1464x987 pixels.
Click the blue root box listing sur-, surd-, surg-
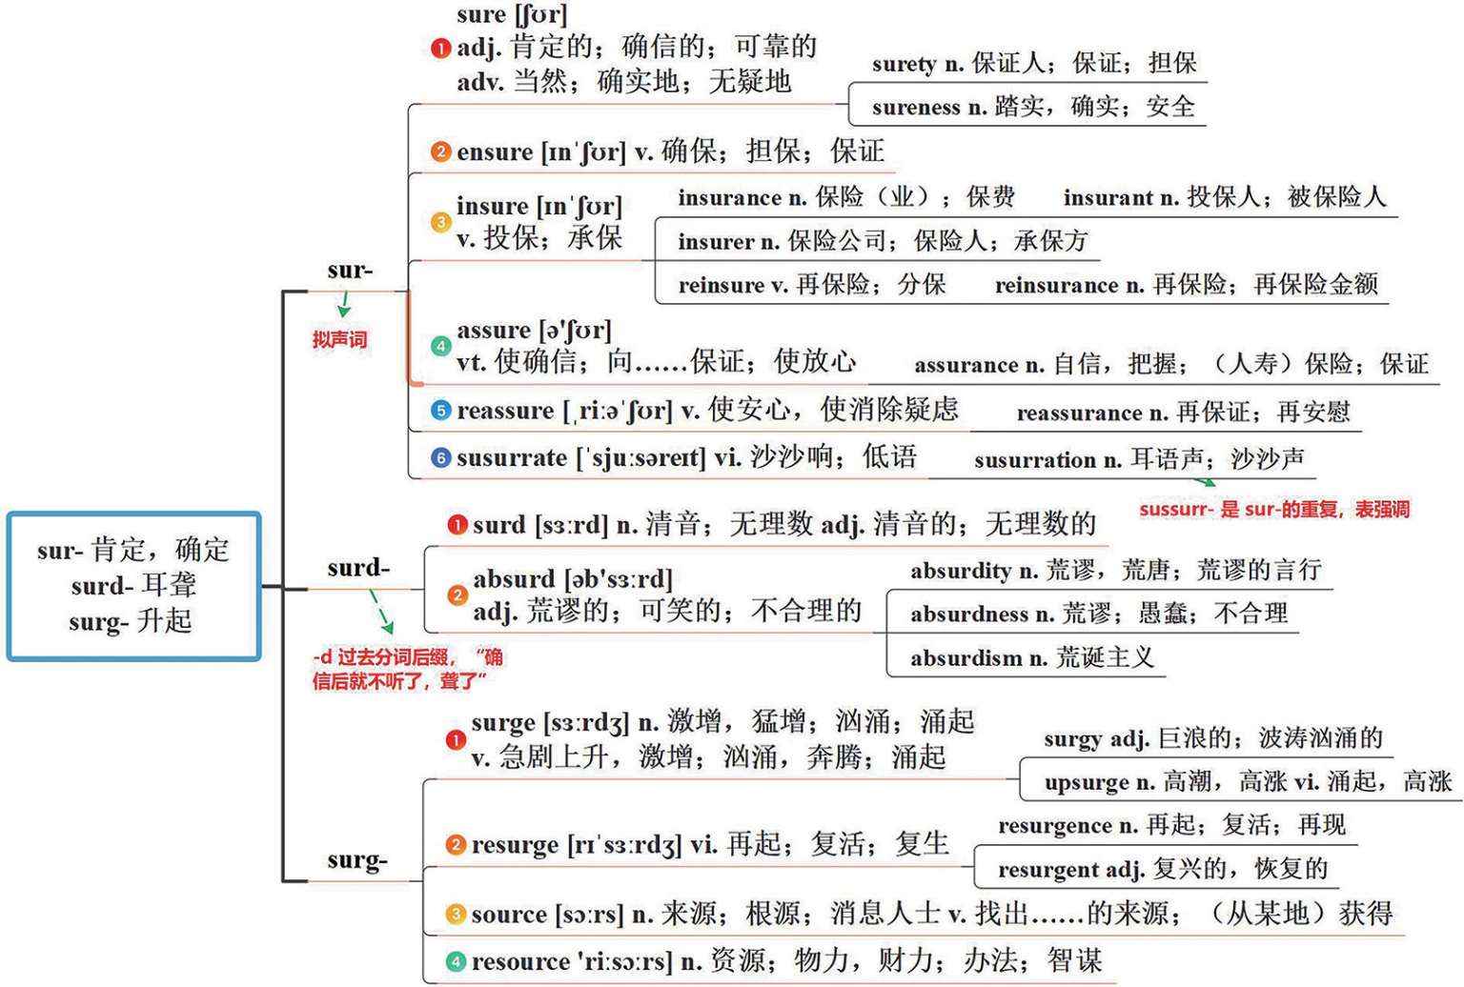tap(133, 586)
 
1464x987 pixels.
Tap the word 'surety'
tap(904, 64)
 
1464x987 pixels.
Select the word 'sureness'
tap(915, 107)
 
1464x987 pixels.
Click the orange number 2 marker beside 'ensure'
tap(440, 151)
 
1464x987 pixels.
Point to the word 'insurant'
tap(1108, 197)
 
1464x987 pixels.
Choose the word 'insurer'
tap(716, 241)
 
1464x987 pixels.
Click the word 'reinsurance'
tap(1056, 285)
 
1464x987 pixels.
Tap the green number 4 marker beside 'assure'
tap(440, 346)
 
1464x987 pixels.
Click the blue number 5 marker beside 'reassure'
tap(440, 411)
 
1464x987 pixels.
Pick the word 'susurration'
tap(1034, 460)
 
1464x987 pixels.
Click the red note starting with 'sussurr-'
tap(1273, 510)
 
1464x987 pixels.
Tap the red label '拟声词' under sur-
tap(339, 339)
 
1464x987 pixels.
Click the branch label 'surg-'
tap(356, 859)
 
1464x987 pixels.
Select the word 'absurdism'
tap(966, 657)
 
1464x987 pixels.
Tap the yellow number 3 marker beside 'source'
tap(456, 915)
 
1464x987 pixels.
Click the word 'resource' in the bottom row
tap(517, 961)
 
